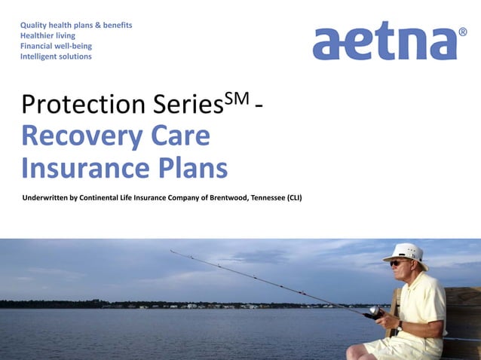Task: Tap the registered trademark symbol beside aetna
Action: (x=462, y=33)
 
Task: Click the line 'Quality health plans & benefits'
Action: (x=76, y=25)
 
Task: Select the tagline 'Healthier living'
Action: (x=47, y=35)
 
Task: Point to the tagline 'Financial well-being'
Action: (x=57, y=46)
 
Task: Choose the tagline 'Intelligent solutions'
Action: (x=56, y=56)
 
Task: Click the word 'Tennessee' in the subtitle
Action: (x=262, y=199)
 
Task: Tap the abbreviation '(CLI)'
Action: (x=294, y=199)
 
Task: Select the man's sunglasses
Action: (x=397, y=263)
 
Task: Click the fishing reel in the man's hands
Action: (x=372, y=311)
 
